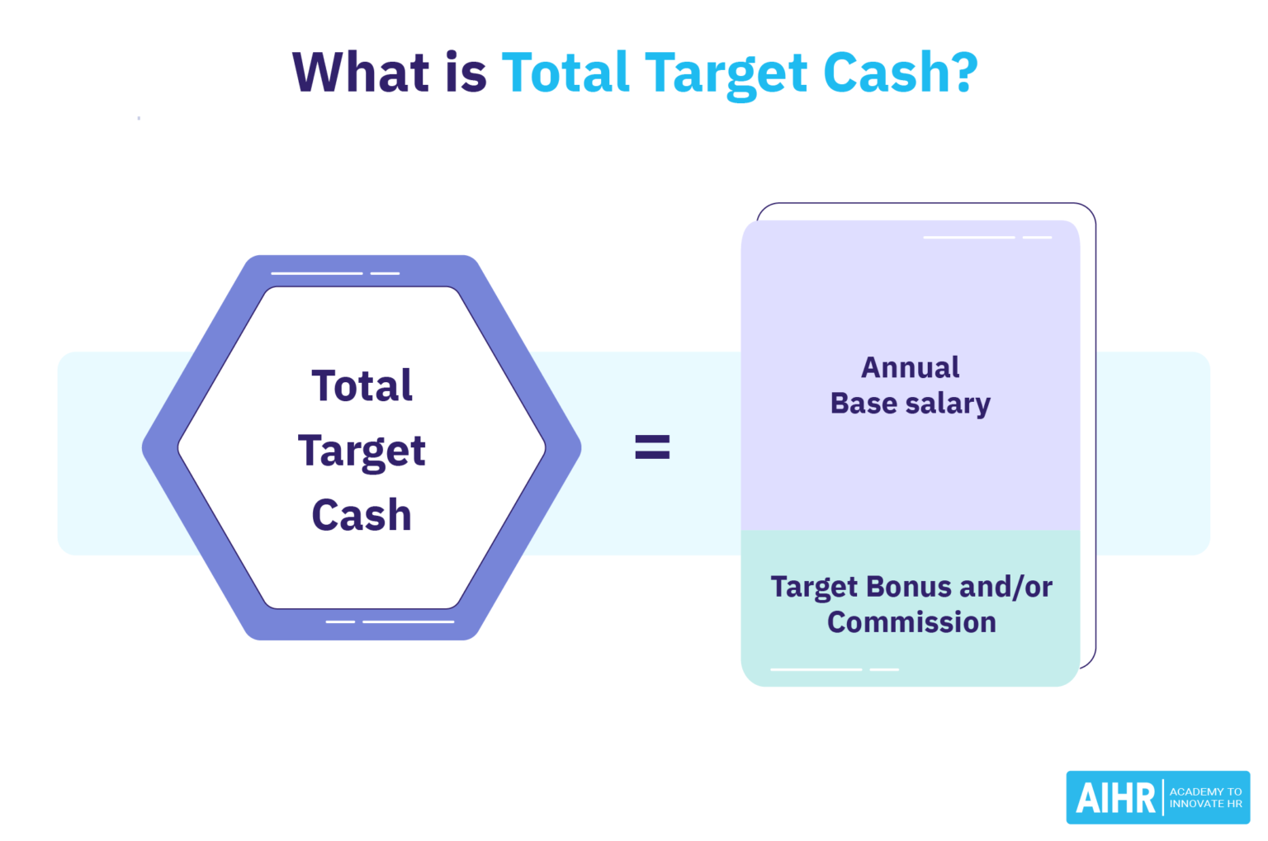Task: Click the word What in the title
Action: point(361,72)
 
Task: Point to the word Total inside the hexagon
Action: point(362,385)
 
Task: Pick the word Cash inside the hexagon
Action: point(362,515)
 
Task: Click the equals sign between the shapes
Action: point(651,447)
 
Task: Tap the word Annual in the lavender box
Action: point(910,367)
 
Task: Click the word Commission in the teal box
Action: point(911,622)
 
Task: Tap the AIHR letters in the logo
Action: point(1115,798)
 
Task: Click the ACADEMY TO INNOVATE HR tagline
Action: point(1205,797)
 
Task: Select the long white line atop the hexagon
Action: point(317,273)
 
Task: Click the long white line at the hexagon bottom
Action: point(409,621)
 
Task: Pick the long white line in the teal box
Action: point(816,669)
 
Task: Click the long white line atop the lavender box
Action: point(968,238)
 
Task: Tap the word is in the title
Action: point(466,72)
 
